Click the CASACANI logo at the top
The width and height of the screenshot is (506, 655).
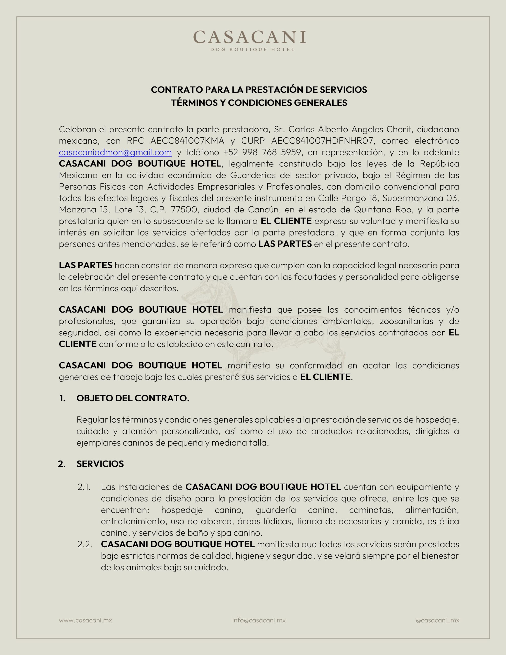250,37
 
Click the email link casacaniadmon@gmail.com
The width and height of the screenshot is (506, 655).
115,152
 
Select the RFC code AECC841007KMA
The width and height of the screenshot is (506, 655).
187,141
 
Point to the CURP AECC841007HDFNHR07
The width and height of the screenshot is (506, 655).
322,141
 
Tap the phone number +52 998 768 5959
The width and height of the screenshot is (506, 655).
262,152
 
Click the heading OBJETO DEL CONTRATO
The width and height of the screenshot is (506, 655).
133,398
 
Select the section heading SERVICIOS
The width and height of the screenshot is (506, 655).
100,464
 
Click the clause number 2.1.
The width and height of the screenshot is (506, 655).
84,487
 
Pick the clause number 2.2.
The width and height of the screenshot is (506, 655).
85,544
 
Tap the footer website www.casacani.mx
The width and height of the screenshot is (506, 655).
85,620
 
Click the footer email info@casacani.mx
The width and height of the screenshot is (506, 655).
259,620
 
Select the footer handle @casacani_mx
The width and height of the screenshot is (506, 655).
437,620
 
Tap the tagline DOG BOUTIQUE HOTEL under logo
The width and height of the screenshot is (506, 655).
252,49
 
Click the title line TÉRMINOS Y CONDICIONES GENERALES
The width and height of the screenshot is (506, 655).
259,103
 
